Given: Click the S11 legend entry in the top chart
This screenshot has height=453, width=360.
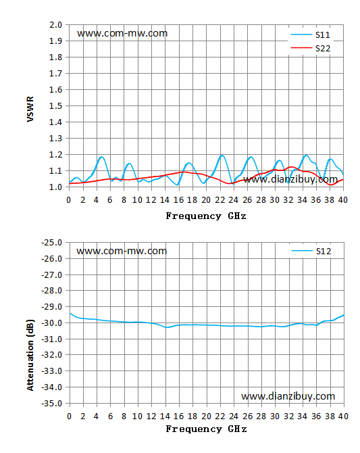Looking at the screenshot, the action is pos(310,34).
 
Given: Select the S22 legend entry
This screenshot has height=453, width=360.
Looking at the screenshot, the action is pos(310,48).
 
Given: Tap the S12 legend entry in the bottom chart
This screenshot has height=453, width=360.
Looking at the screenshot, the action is pos(311,251).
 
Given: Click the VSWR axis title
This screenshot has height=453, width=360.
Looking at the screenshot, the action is pos(30,110).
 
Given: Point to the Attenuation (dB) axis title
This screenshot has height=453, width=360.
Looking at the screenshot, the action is pos(30,355).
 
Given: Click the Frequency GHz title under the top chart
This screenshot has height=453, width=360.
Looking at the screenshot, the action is pos(206,216).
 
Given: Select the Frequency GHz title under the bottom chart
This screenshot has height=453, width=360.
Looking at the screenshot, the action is pos(206,429).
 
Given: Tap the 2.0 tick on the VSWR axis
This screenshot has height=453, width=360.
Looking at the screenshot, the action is pos(55,25).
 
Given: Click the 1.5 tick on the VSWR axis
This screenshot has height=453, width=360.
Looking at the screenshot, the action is pos(55,106).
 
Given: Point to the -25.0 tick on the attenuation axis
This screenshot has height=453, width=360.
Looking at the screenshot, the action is pos(52,243).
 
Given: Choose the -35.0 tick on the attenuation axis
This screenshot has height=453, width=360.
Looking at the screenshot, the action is pos(52,403).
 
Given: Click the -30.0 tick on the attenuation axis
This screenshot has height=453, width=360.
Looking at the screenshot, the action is pos(52,323).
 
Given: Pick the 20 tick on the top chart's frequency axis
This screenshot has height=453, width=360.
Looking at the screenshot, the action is pos(206,200).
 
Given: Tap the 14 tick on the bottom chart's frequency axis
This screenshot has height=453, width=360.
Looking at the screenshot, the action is pos(165,416).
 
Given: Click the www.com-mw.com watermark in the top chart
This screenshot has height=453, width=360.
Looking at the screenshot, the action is pos(122,34).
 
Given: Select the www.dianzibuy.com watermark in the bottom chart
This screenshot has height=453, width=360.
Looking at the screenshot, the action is pos(288,396).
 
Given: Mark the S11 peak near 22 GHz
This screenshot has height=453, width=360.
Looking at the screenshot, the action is pos(222,156).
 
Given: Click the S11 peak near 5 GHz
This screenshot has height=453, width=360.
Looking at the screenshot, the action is pos(101,157).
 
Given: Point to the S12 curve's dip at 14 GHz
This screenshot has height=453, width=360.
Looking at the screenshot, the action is pos(166,327).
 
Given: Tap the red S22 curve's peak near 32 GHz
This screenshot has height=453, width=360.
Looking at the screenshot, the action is pos(292,167).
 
